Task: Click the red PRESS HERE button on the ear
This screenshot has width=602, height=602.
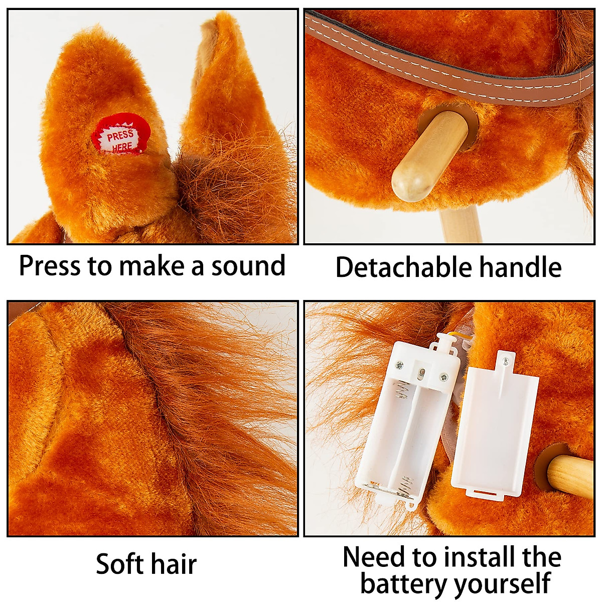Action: point(121,137)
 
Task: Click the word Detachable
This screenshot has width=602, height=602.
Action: point(404,267)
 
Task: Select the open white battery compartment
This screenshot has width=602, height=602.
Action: point(406,426)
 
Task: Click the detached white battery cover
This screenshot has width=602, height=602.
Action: point(494,431)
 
